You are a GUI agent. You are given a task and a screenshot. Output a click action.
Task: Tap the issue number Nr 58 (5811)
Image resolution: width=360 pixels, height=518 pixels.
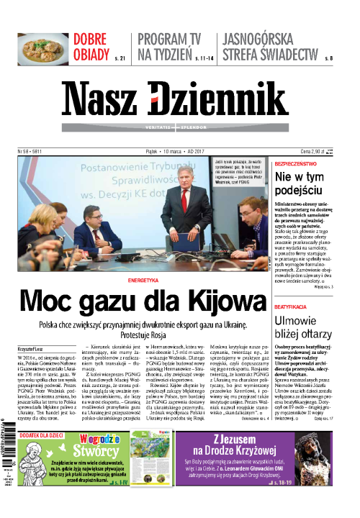pyautogui.click(x=30, y=153)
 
